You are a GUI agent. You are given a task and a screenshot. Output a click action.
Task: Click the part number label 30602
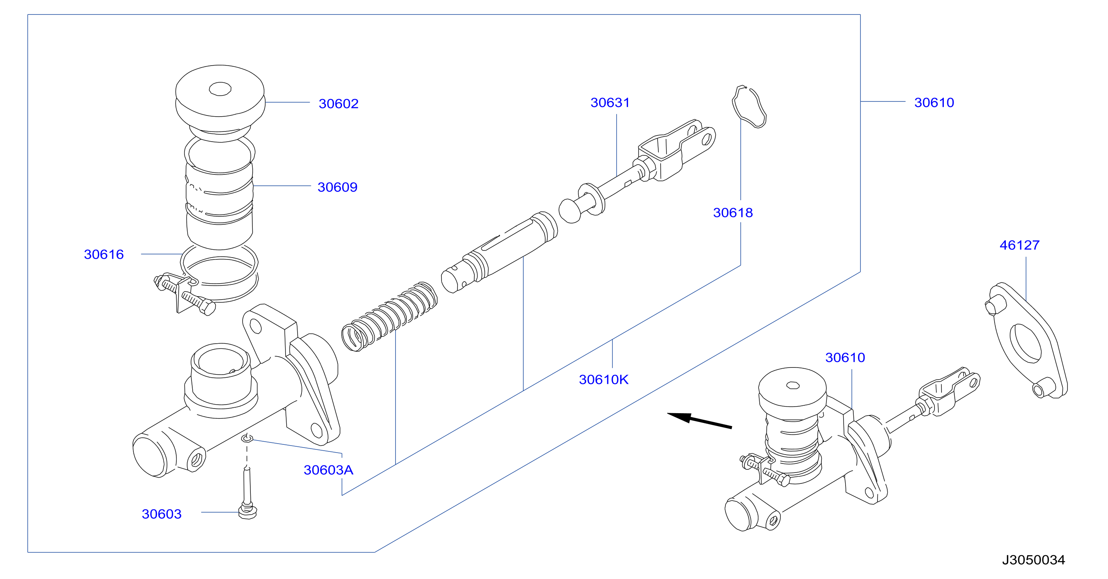coord(339,104)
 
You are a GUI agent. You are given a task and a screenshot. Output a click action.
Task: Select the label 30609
coord(338,187)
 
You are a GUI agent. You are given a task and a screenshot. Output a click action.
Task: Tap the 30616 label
coord(104,254)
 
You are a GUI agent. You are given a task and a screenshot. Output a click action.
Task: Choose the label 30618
coord(733,213)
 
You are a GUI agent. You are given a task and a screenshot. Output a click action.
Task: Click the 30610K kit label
coord(603,379)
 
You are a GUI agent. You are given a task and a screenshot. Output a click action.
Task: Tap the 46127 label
coord(1019,245)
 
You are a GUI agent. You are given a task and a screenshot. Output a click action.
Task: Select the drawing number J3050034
coord(1034,559)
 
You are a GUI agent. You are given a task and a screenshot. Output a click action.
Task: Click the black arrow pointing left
coord(699,421)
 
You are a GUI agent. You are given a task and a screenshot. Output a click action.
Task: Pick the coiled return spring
coord(389,316)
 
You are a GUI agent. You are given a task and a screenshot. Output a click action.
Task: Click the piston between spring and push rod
coord(499,252)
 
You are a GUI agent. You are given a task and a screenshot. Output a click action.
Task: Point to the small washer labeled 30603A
coord(247,438)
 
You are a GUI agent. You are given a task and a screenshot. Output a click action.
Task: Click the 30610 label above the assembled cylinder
coord(845,357)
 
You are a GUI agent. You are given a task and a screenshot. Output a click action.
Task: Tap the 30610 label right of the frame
coord(934,102)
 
